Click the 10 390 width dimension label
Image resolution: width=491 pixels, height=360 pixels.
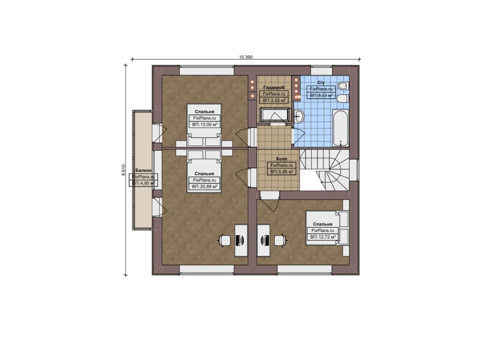[246, 57]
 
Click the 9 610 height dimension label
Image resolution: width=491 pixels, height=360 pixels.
[124, 170]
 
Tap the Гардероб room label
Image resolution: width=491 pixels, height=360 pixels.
[274, 87]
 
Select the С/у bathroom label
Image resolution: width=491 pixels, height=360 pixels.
[321, 82]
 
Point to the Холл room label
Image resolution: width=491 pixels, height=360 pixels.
[282, 159]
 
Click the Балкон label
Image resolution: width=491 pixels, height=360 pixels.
[143, 170]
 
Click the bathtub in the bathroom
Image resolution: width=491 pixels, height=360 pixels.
[340, 128]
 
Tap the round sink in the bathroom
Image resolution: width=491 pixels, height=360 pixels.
[298, 116]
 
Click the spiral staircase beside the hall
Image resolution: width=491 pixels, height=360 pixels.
[324, 170]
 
